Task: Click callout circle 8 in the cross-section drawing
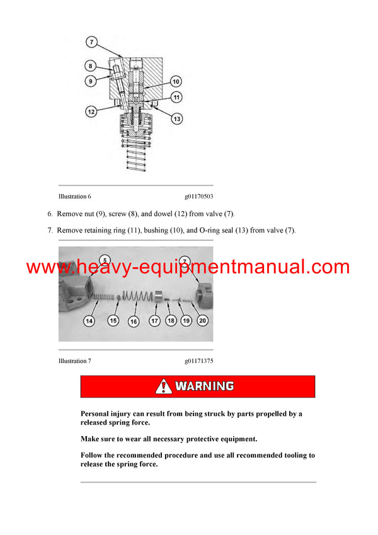click(x=91, y=66)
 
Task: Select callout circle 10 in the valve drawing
click(x=176, y=81)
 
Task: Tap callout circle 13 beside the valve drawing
click(x=176, y=119)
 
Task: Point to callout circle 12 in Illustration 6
click(x=92, y=112)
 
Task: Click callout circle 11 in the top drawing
click(x=176, y=98)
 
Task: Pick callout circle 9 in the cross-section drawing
click(x=91, y=80)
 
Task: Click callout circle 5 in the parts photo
click(x=105, y=259)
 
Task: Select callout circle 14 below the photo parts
click(x=89, y=321)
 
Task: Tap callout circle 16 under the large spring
click(x=133, y=321)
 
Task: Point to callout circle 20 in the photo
click(x=202, y=321)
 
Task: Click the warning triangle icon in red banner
click(x=164, y=386)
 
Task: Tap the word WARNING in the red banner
click(x=204, y=386)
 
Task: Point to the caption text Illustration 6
click(x=75, y=197)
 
